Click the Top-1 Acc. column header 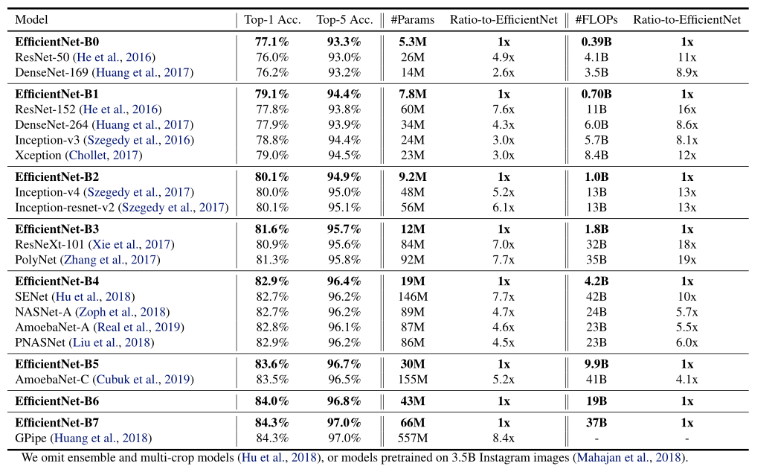point(271,20)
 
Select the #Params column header point(413,20)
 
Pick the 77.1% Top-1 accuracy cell point(271,42)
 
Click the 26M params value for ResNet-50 point(413,57)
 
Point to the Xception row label point(39,155)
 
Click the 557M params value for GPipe point(413,438)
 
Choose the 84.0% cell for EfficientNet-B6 point(271,401)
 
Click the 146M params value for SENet point(413,296)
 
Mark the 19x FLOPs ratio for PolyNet point(686,260)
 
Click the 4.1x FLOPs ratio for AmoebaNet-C point(686,379)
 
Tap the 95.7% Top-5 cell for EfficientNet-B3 point(344,229)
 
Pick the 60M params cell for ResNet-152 point(413,109)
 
